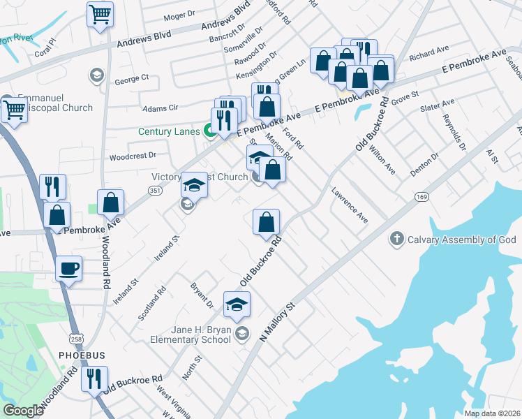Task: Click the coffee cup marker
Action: click(x=69, y=268)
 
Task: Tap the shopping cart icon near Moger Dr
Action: click(x=100, y=14)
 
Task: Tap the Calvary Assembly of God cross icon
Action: click(x=396, y=240)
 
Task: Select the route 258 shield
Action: click(x=55, y=338)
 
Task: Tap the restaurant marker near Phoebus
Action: click(x=93, y=378)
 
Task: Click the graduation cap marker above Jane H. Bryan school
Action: click(x=237, y=304)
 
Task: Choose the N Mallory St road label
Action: click(x=278, y=322)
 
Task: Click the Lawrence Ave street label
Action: click(x=350, y=204)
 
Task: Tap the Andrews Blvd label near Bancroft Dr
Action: click(x=225, y=19)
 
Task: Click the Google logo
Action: click(x=23, y=411)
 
